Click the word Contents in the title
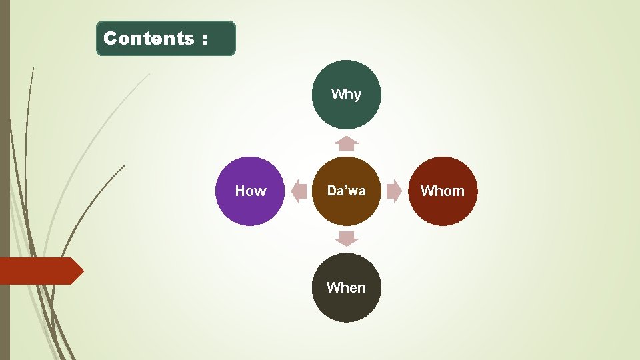pyautogui.click(x=148, y=39)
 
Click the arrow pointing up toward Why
pyautogui.click(x=346, y=143)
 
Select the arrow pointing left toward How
pyautogui.click(x=298, y=191)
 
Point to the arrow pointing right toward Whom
pyautogui.click(x=395, y=191)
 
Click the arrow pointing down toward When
pyautogui.click(x=346, y=239)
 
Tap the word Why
pyautogui.click(x=346, y=95)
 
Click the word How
pyautogui.click(x=250, y=191)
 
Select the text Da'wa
pyautogui.click(x=346, y=191)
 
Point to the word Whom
pyautogui.click(x=443, y=191)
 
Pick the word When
pyautogui.click(x=346, y=288)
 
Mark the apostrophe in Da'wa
pyautogui.click(x=345, y=188)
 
